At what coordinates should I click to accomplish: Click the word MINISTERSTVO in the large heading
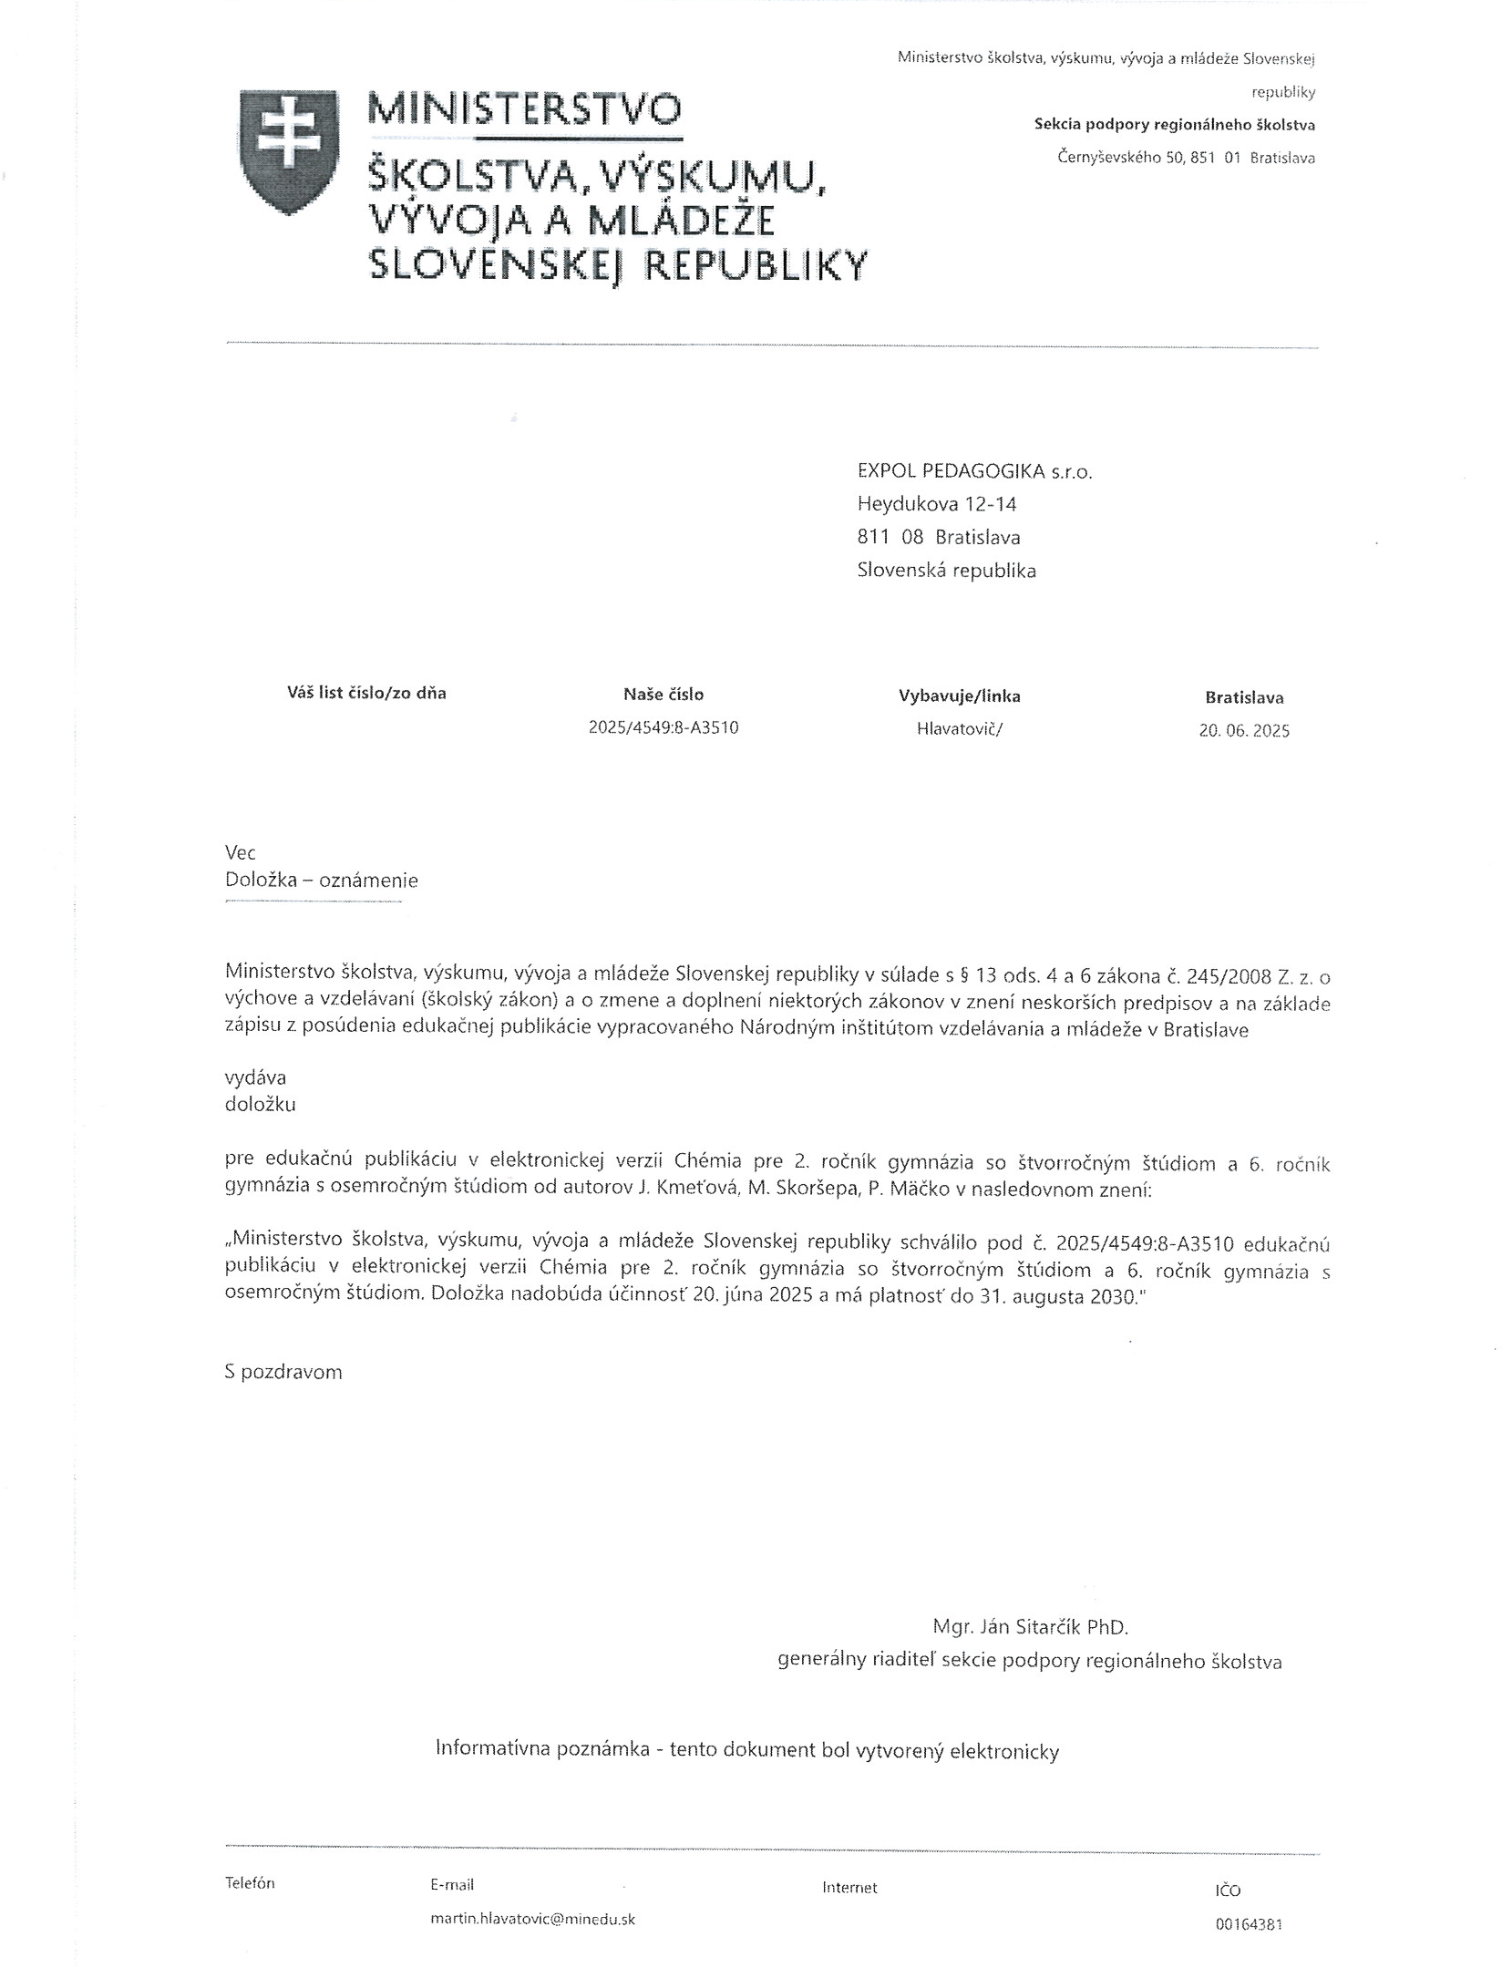[523, 109]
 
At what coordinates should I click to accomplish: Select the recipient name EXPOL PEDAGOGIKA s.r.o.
[974, 471]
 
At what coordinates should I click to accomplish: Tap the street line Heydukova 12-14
[937, 504]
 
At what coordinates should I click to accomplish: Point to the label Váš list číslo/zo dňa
[366, 693]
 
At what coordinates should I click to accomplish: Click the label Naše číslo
[664, 695]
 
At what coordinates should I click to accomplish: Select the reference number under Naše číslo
[664, 728]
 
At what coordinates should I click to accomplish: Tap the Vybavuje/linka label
[960, 696]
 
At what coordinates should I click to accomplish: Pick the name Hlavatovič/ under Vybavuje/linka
[960, 729]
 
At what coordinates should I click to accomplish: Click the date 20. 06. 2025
[1244, 731]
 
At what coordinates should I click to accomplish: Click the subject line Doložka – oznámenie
[321, 881]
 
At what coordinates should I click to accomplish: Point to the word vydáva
[255, 1077]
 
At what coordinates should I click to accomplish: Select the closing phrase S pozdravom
[283, 1372]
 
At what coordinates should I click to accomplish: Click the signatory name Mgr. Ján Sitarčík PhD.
[1030, 1626]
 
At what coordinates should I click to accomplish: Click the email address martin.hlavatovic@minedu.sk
[533, 1919]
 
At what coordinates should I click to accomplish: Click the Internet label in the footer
[849, 1888]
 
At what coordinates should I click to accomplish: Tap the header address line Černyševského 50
[1186, 158]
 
